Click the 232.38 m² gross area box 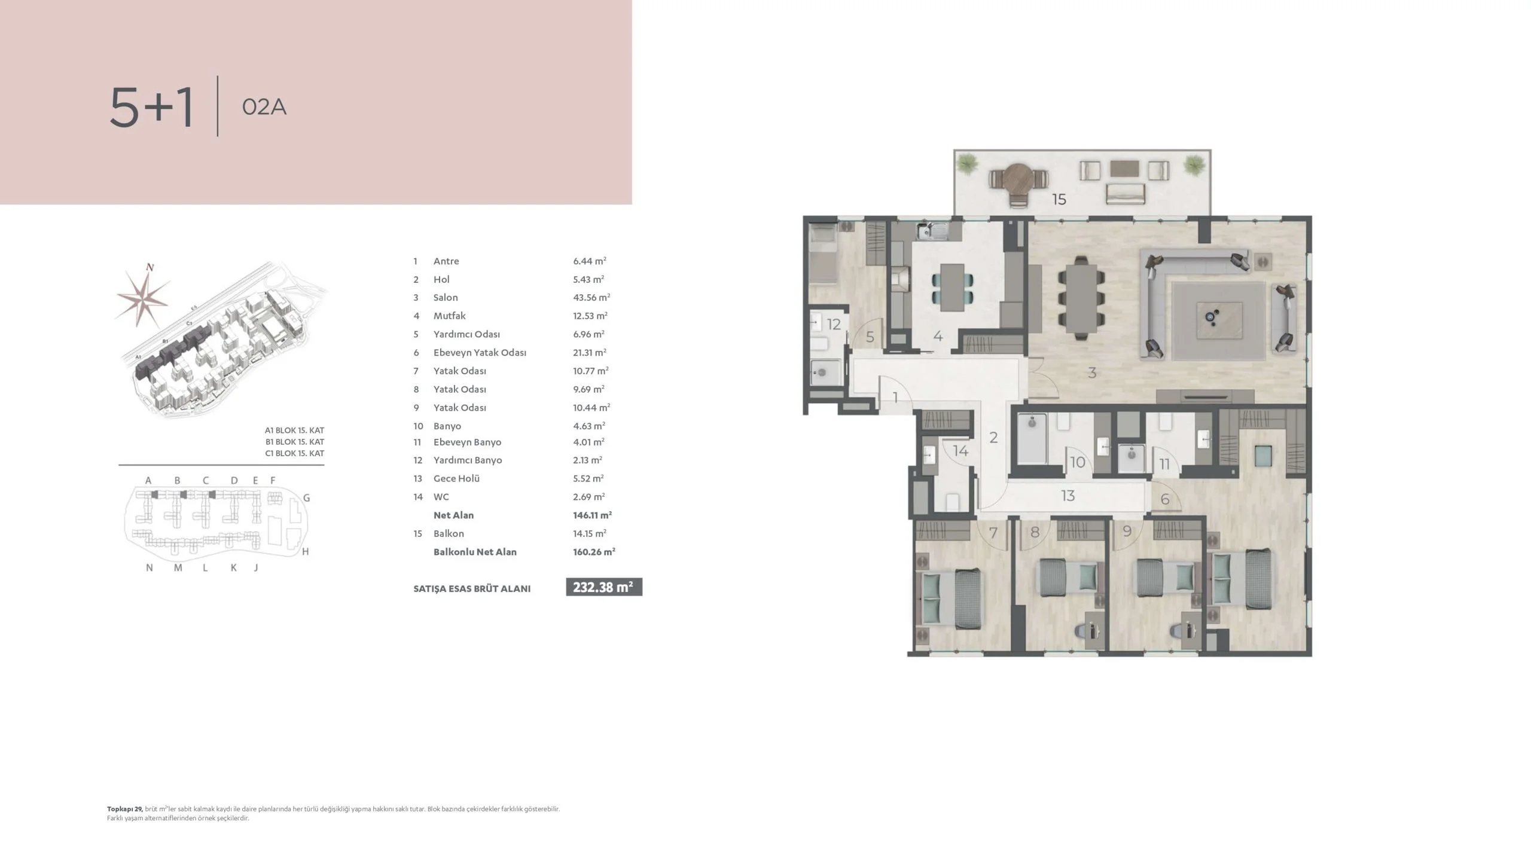click(x=604, y=587)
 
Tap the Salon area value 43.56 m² click(x=591, y=297)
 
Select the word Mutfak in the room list click(x=449, y=316)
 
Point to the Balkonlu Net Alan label click(x=475, y=552)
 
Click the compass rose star click(x=143, y=297)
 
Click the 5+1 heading click(x=152, y=107)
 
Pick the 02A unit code click(x=264, y=107)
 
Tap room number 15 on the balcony click(x=1059, y=199)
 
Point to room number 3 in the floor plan click(x=1092, y=373)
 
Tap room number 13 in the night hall click(x=1068, y=496)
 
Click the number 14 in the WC click(x=960, y=450)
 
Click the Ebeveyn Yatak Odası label click(x=480, y=353)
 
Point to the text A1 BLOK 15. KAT click(x=294, y=430)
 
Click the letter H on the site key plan click(x=306, y=552)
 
